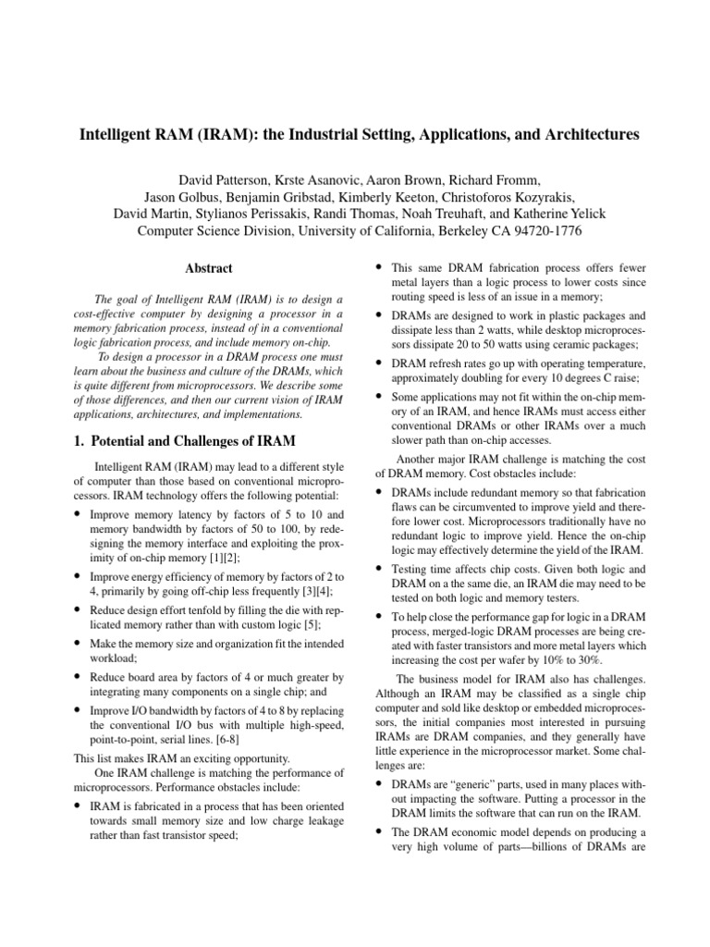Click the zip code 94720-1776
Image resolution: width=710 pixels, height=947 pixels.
pyautogui.click(x=540, y=231)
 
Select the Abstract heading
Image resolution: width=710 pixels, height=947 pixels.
pyautogui.click(x=208, y=269)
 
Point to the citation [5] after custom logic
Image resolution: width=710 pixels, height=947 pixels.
pyautogui.click(x=301, y=625)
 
